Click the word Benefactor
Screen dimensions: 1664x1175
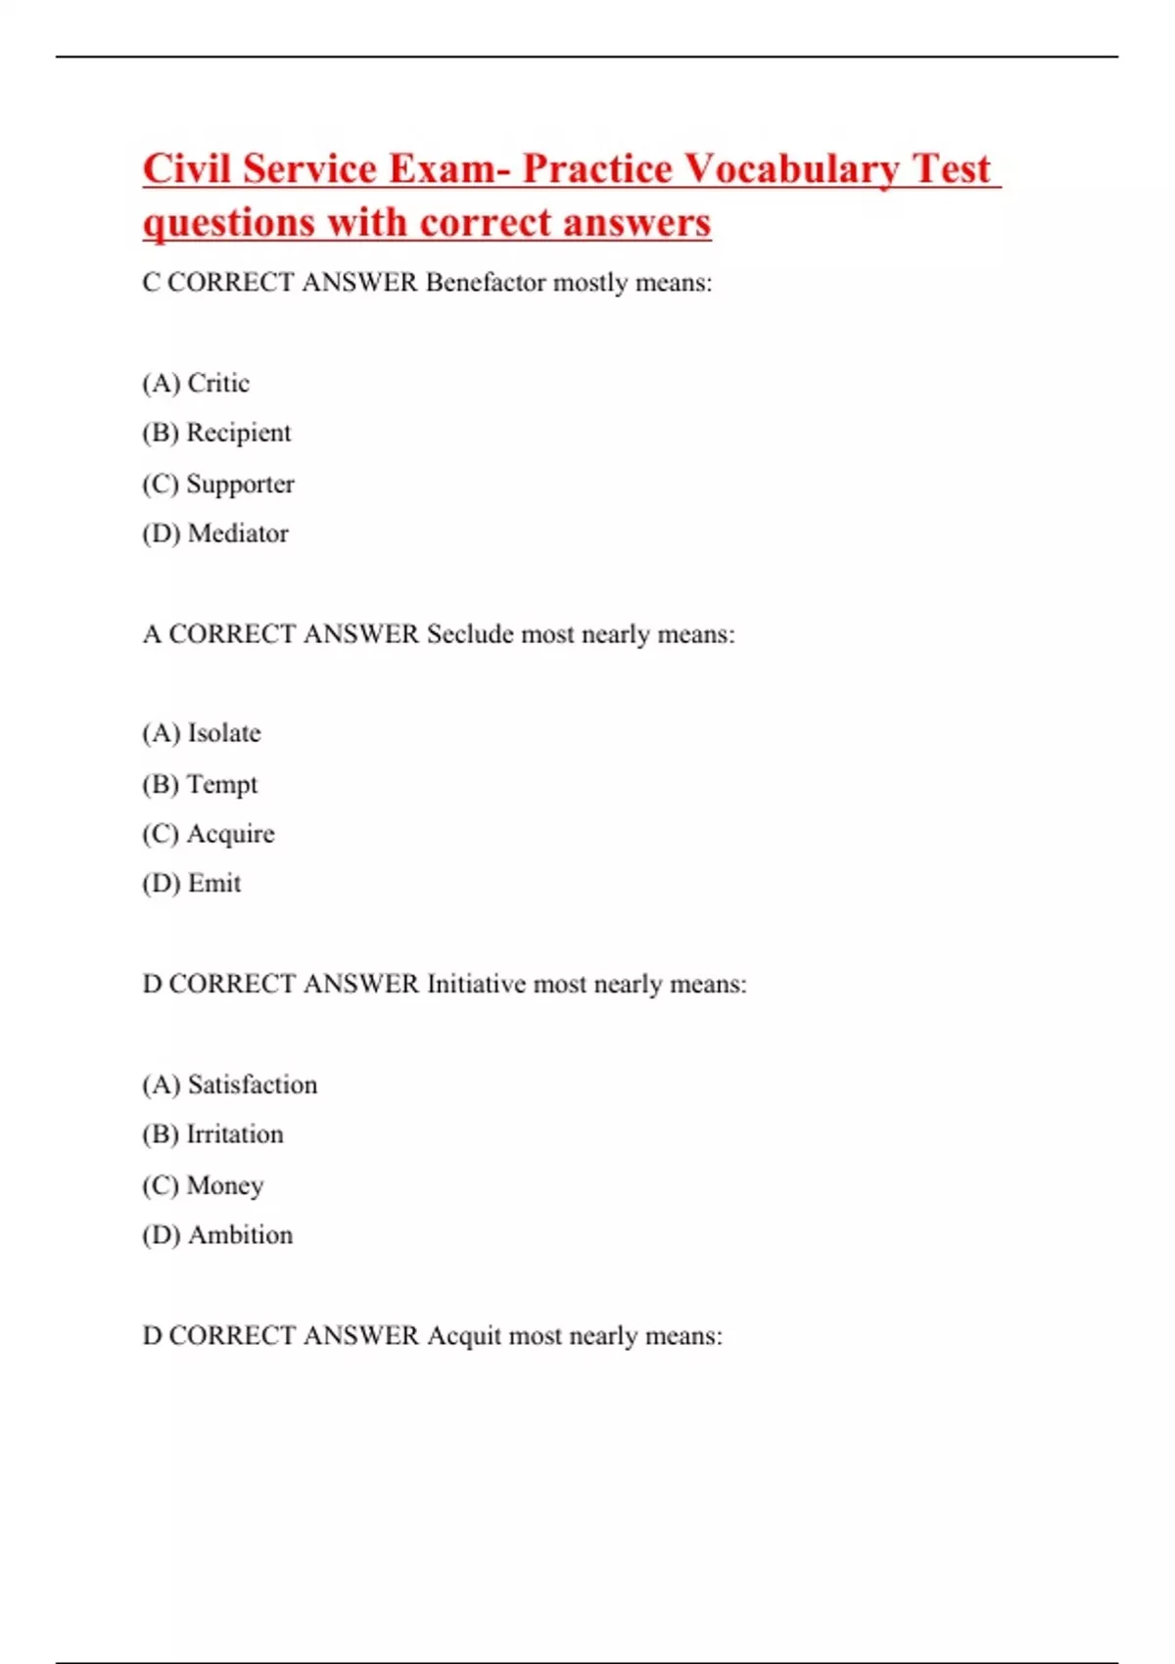click(x=486, y=283)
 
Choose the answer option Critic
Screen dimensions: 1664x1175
click(x=217, y=383)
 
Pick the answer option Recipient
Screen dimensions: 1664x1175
click(x=238, y=433)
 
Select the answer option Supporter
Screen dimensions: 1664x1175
click(x=240, y=484)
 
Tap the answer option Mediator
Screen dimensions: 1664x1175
click(x=238, y=533)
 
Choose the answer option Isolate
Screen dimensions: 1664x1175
click(x=224, y=733)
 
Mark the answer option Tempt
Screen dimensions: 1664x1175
click(x=222, y=784)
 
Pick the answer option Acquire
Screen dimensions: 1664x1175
click(x=230, y=834)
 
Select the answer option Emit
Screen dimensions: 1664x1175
click(x=214, y=884)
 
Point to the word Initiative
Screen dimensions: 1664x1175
click(x=476, y=984)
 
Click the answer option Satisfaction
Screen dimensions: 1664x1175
click(x=253, y=1085)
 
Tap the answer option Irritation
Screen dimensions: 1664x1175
click(x=235, y=1134)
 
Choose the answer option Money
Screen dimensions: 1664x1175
click(x=225, y=1185)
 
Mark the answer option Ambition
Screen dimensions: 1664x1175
click(x=240, y=1235)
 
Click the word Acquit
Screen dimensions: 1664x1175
click(x=464, y=1336)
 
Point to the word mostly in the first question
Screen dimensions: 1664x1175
click(x=590, y=283)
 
